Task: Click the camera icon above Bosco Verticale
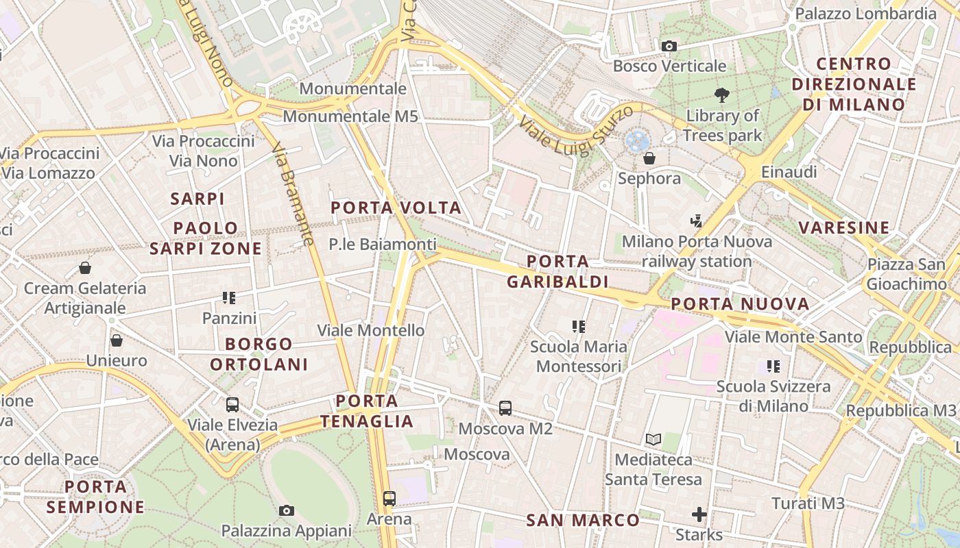pyautogui.click(x=669, y=47)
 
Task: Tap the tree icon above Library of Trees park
pyautogui.click(x=721, y=95)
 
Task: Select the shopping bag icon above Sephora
pyautogui.click(x=649, y=159)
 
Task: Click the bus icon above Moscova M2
pyautogui.click(x=505, y=408)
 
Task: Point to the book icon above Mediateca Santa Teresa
pyautogui.click(x=653, y=439)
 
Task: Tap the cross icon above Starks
pyautogui.click(x=699, y=514)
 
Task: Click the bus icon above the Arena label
pyautogui.click(x=389, y=499)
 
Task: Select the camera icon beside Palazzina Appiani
pyautogui.click(x=287, y=510)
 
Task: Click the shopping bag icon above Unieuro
pyautogui.click(x=117, y=340)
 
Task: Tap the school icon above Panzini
pyautogui.click(x=229, y=298)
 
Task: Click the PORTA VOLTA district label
pyautogui.click(x=396, y=208)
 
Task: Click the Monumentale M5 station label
pyautogui.click(x=350, y=116)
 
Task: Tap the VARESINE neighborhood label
pyautogui.click(x=843, y=227)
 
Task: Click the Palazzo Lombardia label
pyautogui.click(x=865, y=14)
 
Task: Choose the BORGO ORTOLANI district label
pyautogui.click(x=259, y=354)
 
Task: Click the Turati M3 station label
pyautogui.click(x=808, y=503)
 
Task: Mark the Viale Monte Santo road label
pyautogui.click(x=793, y=337)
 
